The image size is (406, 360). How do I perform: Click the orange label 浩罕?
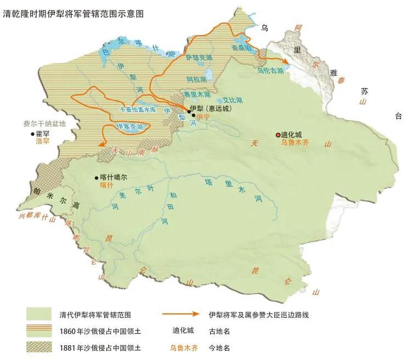pyautogui.click(x=43, y=141)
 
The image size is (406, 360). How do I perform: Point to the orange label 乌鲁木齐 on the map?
pyautogui.click(x=297, y=142)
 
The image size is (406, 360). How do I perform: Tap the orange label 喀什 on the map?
pyautogui.click(x=108, y=185)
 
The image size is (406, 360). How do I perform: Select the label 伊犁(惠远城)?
pyautogui.click(x=210, y=109)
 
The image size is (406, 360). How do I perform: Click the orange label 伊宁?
pyautogui.click(x=203, y=117)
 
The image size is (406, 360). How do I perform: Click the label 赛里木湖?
pyautogui.click(x=198, y=93)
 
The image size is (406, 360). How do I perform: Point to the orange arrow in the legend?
pyautogui.click(x=181, y=314)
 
